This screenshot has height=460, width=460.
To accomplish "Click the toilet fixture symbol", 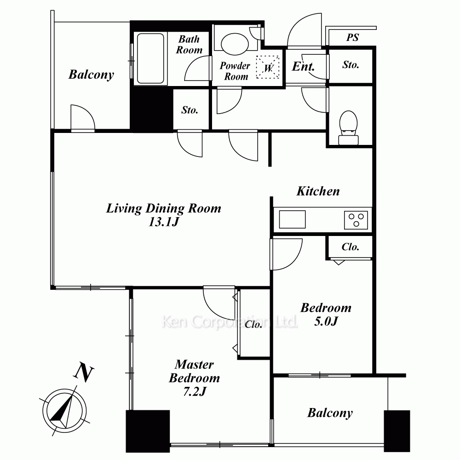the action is [348, 127].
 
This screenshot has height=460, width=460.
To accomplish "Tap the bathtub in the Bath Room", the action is [150, 58].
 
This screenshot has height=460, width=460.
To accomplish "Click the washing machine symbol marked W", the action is [268, 67].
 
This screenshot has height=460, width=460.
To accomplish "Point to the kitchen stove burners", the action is [356, 220].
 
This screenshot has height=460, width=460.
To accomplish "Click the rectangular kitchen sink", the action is [292, 219].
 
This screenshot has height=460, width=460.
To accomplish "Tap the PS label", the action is [352, 37].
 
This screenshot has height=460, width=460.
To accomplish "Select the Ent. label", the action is [303, 66].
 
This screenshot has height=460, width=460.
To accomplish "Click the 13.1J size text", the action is [164, 222].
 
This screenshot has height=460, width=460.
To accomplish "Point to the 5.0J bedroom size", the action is [326, 322].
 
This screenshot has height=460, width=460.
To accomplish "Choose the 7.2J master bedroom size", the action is [195, 391].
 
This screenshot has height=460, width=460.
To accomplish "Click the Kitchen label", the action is [318, 191].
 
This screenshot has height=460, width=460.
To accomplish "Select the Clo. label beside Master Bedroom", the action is [253, 324].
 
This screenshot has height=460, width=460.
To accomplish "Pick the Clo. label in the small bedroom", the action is [350, 247].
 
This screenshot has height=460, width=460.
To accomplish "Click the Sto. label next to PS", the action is [351, 65].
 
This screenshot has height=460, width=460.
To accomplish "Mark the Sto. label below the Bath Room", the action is [190, 110].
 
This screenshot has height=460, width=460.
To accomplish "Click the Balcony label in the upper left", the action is [91, 75].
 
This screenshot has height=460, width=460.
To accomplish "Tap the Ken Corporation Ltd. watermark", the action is [230, 322].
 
